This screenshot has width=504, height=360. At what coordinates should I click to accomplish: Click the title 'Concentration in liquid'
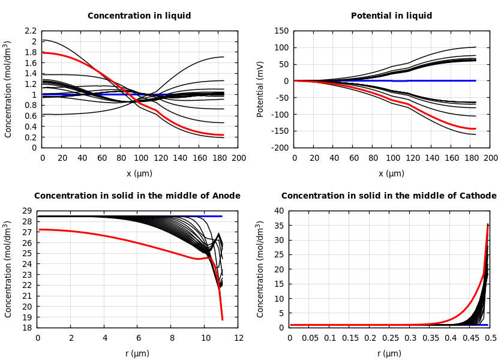coord(139,16)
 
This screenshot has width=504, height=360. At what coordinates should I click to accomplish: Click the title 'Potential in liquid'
coord(391,16)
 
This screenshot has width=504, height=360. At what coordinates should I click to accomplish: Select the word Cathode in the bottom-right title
coord(479,196)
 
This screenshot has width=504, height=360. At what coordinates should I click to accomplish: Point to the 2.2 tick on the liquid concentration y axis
coord(31,31)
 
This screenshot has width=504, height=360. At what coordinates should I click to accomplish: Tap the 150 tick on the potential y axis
coord(281,31)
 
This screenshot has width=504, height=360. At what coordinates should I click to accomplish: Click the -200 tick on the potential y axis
coord(279,148)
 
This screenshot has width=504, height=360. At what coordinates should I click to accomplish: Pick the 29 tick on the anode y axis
coord(26,211)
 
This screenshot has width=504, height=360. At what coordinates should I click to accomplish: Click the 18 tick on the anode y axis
coord(26,328)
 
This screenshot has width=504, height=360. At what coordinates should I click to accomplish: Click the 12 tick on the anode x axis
coord(239,338)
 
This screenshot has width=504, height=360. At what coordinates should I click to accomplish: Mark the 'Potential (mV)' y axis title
coord(260,89)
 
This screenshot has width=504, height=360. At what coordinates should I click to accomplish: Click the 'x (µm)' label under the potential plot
coord(391,173)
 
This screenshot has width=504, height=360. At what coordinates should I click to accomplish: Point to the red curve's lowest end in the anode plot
coord(222,319)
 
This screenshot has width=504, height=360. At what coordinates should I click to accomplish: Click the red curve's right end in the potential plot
coord(475,128)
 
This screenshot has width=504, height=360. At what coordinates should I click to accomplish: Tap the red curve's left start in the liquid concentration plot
coord(43,53)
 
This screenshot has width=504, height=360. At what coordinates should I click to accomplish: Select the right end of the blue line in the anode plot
coord(221,216)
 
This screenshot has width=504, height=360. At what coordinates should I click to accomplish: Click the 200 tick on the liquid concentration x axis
coord(239,158)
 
